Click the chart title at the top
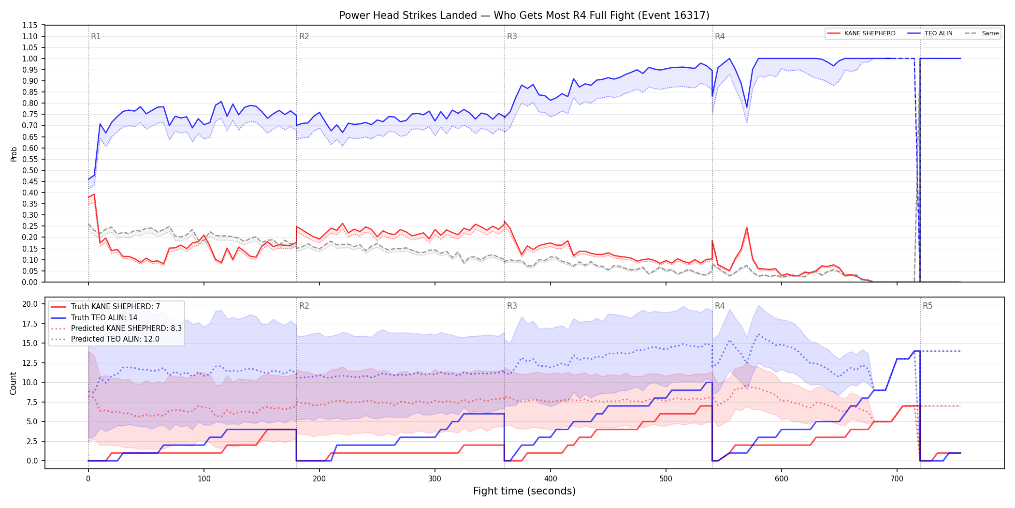pos(524,15)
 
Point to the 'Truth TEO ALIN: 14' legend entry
pos(94,317)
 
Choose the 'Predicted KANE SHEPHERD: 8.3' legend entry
pos(116,328)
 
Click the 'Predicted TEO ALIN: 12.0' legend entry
pos(105,339)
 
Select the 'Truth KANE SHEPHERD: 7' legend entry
pos(105,307)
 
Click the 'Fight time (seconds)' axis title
pos(524,491)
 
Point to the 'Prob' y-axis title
pos(14,154)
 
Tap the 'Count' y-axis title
pos(13,383)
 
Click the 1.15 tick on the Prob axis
pos(29,25)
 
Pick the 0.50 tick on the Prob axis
pos(29,170)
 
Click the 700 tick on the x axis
pos(897,479)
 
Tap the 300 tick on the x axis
pos(435,479)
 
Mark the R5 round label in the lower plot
pos(928,306)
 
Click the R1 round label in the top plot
pos(96,36)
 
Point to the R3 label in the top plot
pos(512,36)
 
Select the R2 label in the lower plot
pos(304,306)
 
